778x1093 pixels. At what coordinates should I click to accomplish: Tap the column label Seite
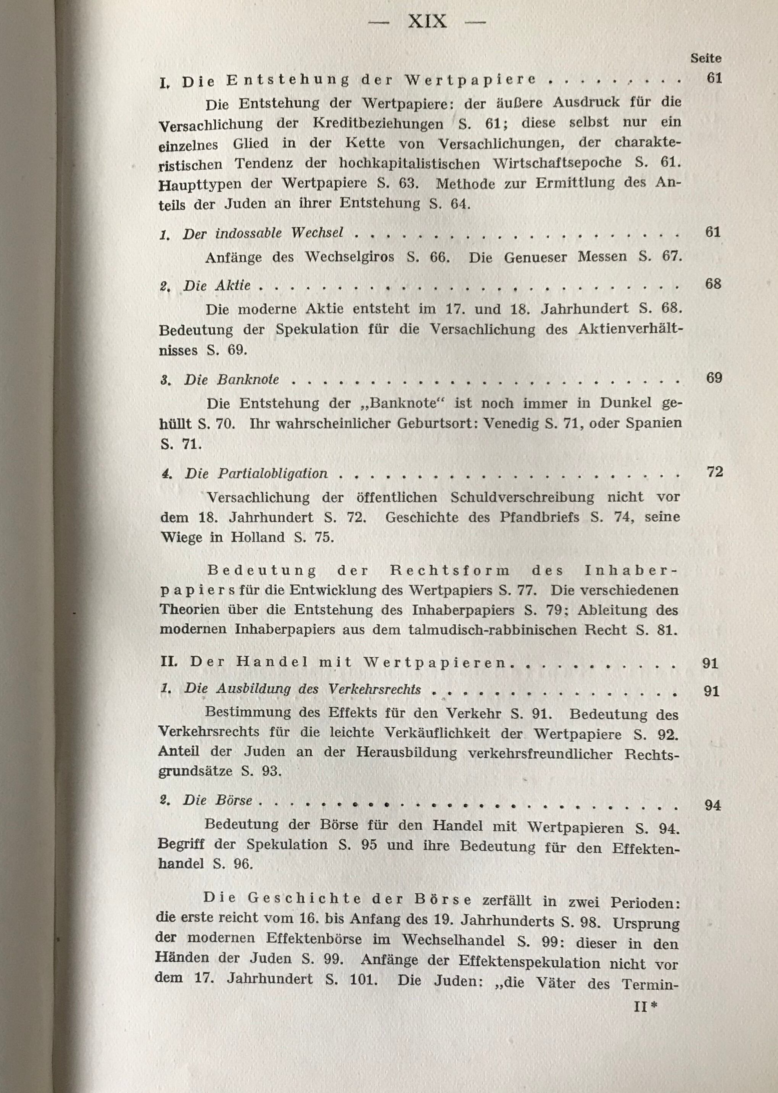click(x=706, y=58)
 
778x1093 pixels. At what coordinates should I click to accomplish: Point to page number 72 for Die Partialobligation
click(x=714, y=472)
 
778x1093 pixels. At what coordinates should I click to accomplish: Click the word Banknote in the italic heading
click(x=248, y=380)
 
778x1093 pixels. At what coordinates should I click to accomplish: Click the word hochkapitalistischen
click(x=409, y=163)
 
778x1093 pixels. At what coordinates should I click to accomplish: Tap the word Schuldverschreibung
click(x=522, y=497)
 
